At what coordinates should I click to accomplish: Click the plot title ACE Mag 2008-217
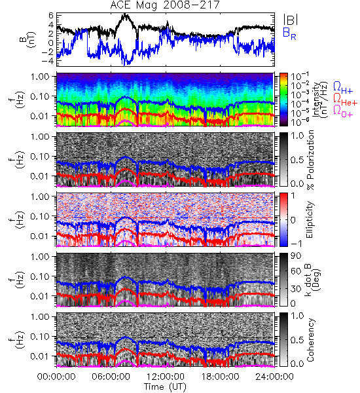165,5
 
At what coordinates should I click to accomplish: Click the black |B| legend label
291,20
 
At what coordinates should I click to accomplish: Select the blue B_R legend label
289,33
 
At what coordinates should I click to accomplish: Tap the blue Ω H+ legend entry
343,88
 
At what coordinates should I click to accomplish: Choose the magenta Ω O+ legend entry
343,111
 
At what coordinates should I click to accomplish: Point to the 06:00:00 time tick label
111,377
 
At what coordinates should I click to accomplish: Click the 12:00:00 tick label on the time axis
166,377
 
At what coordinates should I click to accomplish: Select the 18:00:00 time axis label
220,377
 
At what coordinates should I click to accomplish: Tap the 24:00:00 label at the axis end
274,377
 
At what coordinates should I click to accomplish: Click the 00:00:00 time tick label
56,377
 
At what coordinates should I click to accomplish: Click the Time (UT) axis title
165,386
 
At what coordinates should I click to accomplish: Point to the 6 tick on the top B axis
51,16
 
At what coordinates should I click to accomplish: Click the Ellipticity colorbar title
310,219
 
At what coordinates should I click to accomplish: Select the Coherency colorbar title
310,340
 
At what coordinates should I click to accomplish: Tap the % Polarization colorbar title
310,160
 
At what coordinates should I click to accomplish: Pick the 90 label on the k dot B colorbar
296,256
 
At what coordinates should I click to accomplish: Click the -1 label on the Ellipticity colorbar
296,243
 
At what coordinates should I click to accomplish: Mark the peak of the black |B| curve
125,14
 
